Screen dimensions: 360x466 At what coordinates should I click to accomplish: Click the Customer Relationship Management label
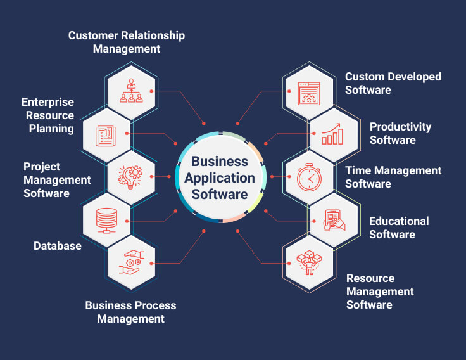point(127,42)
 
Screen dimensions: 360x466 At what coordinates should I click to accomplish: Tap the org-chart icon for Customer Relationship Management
point(132,91)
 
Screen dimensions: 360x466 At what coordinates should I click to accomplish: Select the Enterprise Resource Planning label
point(48,115)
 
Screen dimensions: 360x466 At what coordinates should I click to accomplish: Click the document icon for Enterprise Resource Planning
point(106,134)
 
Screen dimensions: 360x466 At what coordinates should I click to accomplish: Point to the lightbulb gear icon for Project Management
point(132,177)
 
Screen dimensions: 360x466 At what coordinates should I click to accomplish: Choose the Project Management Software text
point(57,180)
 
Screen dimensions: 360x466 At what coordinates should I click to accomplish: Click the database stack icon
point(106,219)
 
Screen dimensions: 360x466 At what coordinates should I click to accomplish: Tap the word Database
point(58,245)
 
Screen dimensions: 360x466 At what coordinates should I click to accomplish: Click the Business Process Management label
point(130,312)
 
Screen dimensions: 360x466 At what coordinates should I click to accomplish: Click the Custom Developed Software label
point(393,83)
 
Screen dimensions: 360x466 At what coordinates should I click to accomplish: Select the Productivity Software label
point(400,133)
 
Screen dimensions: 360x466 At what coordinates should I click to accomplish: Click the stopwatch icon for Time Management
point(309,177)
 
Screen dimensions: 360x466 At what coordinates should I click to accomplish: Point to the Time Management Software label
point(393,177)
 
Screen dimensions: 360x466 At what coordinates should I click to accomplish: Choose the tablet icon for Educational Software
point(334,220)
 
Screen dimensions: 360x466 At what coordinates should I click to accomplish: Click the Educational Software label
point(399,228)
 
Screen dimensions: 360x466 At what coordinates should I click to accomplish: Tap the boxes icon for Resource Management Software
point(309,261)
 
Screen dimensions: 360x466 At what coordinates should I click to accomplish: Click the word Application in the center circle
point(220,178)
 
